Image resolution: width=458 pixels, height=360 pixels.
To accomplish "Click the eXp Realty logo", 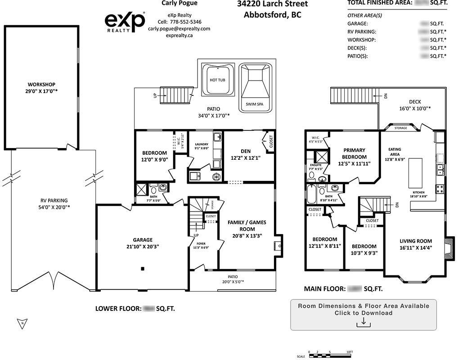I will pyautogui.click(x=125, y=22).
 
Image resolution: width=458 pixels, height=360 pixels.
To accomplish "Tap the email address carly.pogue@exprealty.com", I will pyautogui.click(x=179, y=28).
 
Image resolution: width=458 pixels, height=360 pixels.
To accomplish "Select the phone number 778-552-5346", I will pyautogui.click(x=185, y=22).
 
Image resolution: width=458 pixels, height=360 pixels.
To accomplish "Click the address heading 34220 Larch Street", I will pyautogui.click(x=273, y=4).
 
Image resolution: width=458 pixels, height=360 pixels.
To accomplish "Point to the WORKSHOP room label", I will pyautogui.click(x=41, y=85).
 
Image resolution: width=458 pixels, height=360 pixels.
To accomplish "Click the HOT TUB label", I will pyautogui.click(x=218, y=80).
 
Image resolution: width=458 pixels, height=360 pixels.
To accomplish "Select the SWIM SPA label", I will pyautogui.click(x=255, y=103).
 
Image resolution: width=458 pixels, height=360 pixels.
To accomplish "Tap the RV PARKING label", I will pyautogui.click(x=53, y=201).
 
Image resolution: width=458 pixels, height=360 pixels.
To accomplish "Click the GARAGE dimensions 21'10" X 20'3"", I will pyautogui.click(x=143, y=247).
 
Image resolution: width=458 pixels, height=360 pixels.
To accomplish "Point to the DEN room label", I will pyautogui.click(x=246, y=151).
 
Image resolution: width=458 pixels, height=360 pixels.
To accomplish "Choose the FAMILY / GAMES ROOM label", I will pyautogui.click(x=245, y=222).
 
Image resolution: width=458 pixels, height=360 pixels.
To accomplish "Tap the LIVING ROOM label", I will pyautogui.click(x=415, y=241).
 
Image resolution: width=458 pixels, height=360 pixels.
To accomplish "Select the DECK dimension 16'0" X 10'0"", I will pyautogui.click(x=414, y=108).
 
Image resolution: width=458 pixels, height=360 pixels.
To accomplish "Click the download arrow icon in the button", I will pyautogui.click(x=363, y=322).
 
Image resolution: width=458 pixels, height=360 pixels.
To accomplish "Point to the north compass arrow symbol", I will pyautogui.click(x=22, y=323).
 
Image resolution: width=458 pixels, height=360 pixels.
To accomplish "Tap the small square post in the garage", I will pyautogui.click(x=143, y=269).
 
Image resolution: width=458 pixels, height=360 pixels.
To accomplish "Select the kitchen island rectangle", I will pyautogui.click(x=415, y=173).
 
